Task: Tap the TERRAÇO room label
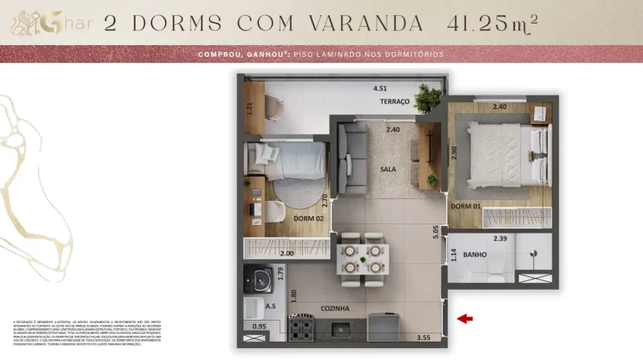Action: click(x=394, y=101)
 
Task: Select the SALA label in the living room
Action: click(x=388, y=169)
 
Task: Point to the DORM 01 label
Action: click(x=465, y=206)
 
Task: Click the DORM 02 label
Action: click(x=310, y=219)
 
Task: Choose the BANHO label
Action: click(x=475, y=255)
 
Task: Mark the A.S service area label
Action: click(x=270, y=306)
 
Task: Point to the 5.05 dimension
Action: click(x=436, y=232)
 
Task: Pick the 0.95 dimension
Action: click(x=259, y=326)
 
